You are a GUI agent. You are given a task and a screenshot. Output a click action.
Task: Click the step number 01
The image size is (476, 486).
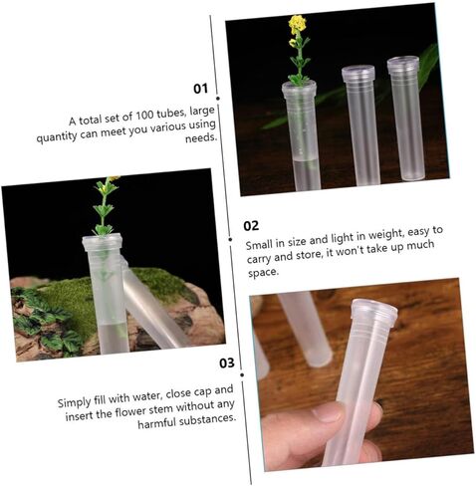[200, 89]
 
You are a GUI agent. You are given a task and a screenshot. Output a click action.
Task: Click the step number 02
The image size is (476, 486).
[251, 226]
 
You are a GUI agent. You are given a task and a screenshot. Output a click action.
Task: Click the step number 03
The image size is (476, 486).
[227, 363]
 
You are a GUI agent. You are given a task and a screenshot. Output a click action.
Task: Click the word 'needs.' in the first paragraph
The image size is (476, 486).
[201, 137]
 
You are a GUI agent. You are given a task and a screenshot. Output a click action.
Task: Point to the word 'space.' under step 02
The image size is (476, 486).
[263, 273]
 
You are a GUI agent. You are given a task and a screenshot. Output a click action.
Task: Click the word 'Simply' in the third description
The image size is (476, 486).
[74, 402]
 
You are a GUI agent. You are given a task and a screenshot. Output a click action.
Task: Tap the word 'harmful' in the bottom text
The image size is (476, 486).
[156, 423]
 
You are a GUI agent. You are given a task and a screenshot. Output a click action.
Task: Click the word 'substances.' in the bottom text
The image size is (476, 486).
[207, 419]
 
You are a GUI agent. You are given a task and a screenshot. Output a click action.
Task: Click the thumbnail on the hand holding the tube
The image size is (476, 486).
[329, 412]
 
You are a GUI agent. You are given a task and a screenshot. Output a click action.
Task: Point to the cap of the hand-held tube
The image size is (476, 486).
[374, 312]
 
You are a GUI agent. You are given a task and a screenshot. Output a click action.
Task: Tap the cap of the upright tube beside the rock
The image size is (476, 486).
[103, 243]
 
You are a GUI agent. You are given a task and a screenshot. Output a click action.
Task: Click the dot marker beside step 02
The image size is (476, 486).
[230, 239]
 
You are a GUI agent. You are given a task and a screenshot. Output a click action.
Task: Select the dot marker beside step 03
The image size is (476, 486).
[242, 374]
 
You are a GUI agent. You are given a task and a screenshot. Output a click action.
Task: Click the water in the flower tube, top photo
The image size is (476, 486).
[307, 175]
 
